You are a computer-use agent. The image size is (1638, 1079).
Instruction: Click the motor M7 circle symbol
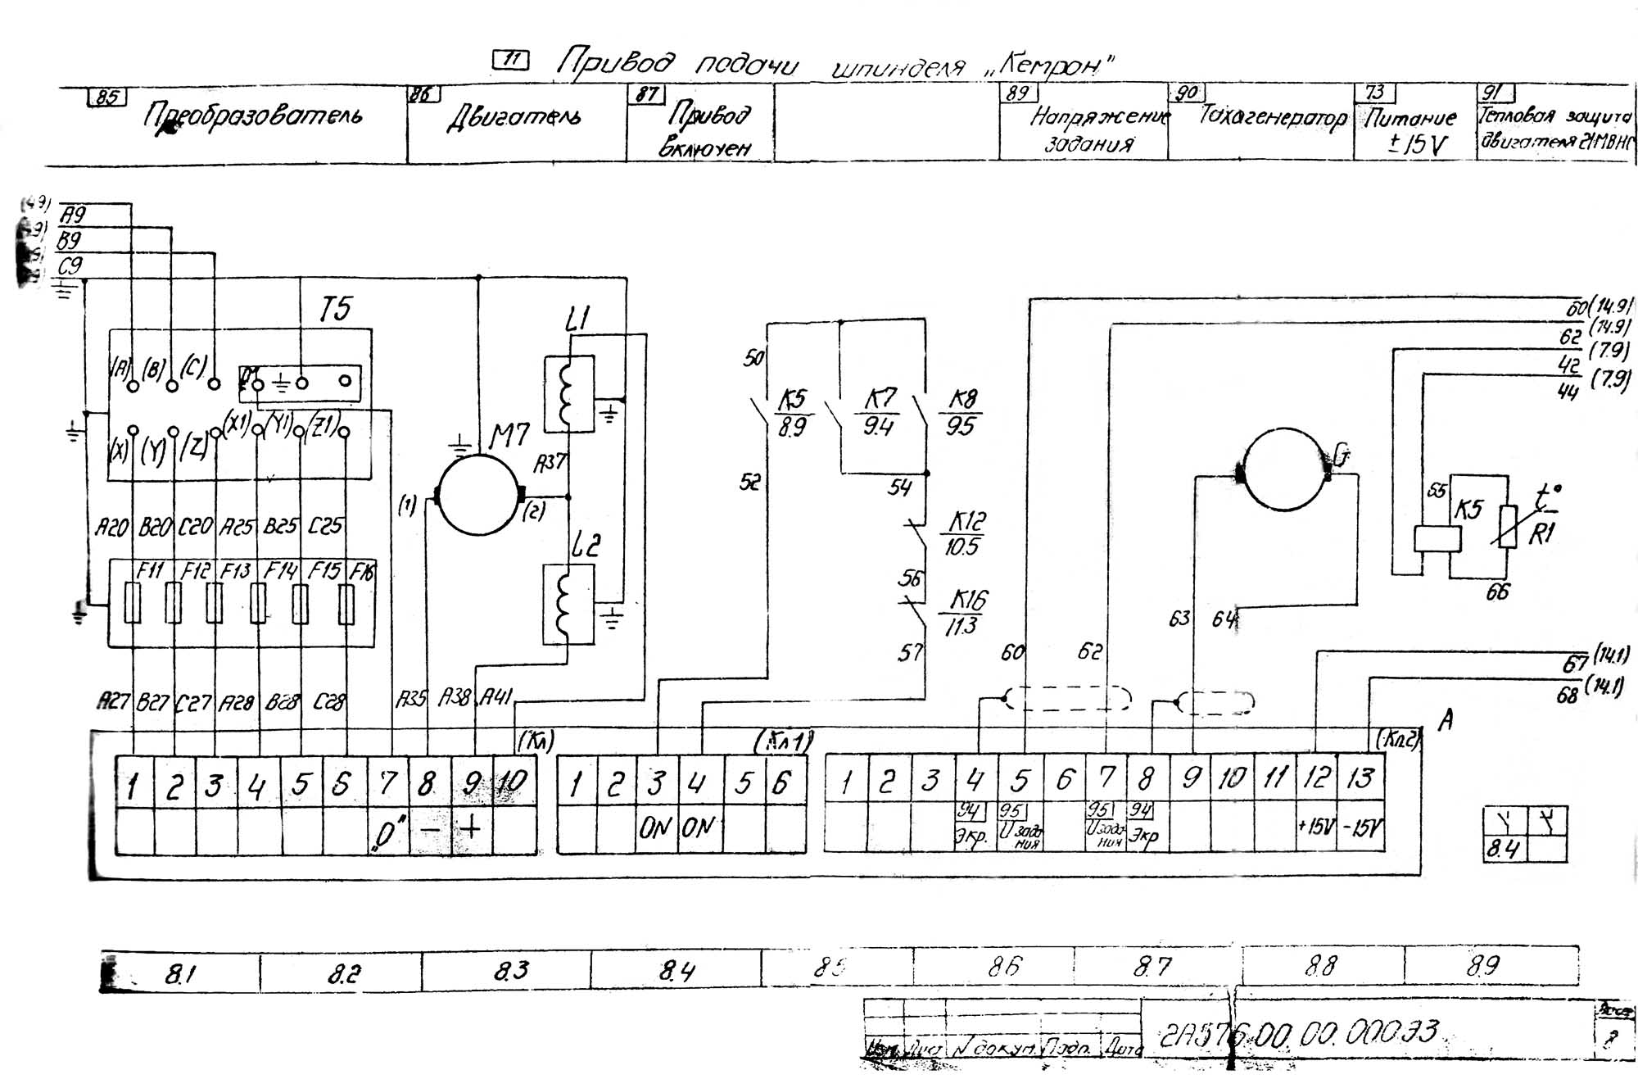pyautogui.click(x=478, y=495)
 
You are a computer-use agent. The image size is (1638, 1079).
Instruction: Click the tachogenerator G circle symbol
pyautogui.click(x=1283, y=469)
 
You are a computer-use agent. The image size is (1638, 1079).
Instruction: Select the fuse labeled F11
pyautogui.click(x=132, y=603)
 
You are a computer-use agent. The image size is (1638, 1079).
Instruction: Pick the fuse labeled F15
pyautogui.click(x=301, y=603)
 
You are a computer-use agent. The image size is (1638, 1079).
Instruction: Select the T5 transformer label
pyautogui.click(x=335, y=310)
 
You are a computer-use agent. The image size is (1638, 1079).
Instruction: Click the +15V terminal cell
pyautogui.click(x=1316, y=826)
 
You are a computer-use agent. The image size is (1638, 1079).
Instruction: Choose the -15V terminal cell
pyautogui.click(x=1360, y=827)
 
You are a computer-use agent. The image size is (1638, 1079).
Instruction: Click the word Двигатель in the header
pyautogui.click(x=514, y=118)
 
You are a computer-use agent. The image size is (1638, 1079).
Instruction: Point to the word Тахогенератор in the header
pyautogui.click(x=1272, y=117)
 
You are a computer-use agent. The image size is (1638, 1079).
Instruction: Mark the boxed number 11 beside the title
pyautogui.click(x=512, y=59)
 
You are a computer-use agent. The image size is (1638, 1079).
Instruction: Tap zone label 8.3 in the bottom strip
pyautogui.click(x=511, y=971)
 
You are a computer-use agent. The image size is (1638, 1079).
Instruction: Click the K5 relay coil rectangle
pyautogui.click(x=1437, y=538)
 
